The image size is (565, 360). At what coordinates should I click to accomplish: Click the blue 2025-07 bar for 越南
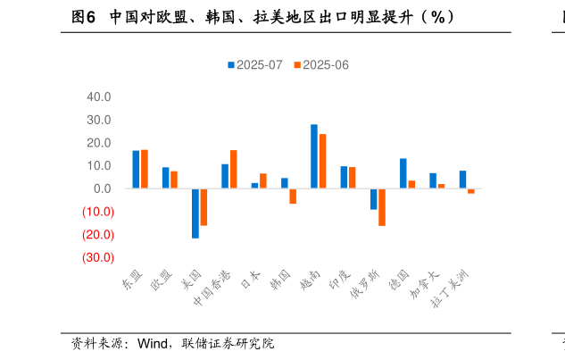point(314,156)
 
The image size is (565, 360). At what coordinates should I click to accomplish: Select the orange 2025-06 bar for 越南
point(322,162)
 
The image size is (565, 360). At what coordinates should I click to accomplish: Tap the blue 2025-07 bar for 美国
point(195,213)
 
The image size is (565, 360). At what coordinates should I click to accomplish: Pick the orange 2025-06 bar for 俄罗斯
point(382,207)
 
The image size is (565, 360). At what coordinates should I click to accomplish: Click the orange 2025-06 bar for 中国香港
point(234,170)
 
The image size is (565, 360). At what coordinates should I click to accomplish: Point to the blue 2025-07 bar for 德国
point(403,173)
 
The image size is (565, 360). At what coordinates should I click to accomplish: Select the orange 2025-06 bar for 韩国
point(293,197)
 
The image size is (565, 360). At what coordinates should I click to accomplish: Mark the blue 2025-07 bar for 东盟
point(136,170)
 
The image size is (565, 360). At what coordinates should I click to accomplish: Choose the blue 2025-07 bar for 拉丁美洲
point(462,180)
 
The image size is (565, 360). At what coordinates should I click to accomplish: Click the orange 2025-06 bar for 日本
point(263,181)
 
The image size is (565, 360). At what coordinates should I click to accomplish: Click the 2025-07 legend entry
point(255,65)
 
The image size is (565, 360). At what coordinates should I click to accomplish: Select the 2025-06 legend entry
point(320,65)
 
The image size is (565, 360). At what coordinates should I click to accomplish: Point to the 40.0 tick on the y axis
point(99,96)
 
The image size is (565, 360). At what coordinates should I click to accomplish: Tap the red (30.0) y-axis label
point(97,258)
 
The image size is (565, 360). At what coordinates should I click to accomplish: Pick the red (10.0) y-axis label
point(97,212)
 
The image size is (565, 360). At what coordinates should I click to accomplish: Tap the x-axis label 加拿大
point(425,285)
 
